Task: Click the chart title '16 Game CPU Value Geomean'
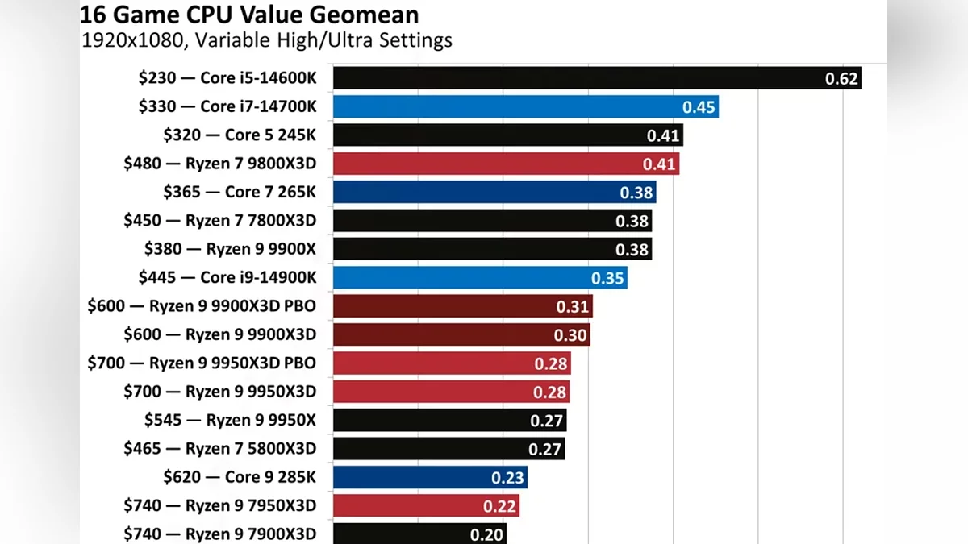[x=249, y=14]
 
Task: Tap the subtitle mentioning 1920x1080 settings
[x=267, y=39]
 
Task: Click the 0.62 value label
[x=841, y=79]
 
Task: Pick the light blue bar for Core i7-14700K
[x=525, y=107]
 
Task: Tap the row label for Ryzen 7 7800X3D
[x=219, y=221]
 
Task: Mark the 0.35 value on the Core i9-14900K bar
[x=607, y=278]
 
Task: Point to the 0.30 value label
[x=570, y=334]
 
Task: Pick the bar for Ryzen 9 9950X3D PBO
[x=451, y=363]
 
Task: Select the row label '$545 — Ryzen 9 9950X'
[x=230, y=420]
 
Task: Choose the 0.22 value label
[x=499, y=505]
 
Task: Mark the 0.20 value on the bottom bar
[x=486, y=534]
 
